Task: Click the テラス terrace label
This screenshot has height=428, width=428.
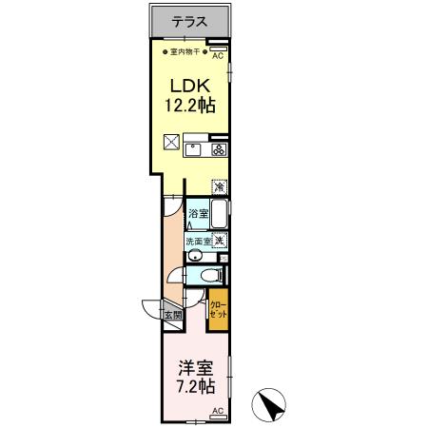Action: [x=190, y=22]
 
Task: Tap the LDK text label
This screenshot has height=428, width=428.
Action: [x=190, y=86]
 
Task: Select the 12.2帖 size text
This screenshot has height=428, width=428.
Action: [x=190, y=106]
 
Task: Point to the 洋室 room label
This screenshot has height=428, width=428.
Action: [x=196, y=368]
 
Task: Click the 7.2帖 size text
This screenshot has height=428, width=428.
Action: [x=196, y=386]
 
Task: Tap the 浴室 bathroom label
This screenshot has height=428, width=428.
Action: [x=199, y=213]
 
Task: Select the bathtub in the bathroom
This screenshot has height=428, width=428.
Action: [x=219, y=214]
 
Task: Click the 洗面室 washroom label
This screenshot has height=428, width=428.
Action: [x=199, y=242]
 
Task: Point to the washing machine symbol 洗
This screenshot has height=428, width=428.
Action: [x=220, y=240]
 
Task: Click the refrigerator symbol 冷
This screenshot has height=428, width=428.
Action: [x=220, y=186]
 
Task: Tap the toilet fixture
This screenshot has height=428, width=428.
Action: [x=211, y=275]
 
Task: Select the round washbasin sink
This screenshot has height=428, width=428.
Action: [x=194, y=256]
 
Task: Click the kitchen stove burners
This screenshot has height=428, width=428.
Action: [x=219, y=149]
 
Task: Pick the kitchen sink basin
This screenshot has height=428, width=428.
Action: [x=193, y=149]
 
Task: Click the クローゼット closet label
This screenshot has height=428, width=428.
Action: [x=219, y=310]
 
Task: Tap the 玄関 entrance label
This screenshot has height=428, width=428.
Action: [x=173, y=315]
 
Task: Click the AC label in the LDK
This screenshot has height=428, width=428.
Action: [x=218, y=56]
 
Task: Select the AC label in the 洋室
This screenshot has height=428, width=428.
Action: [x=218, y=411]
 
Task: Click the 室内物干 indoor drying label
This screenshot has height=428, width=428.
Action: [x=185, y=51]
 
